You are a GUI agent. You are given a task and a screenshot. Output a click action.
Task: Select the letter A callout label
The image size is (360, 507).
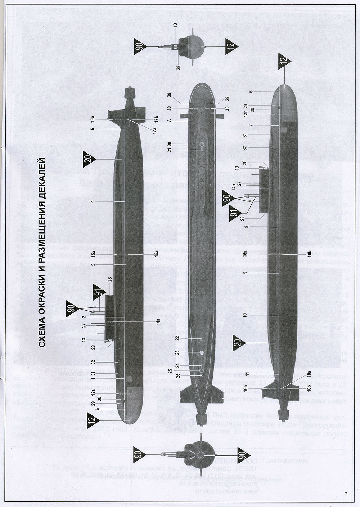pyautogui.click(x=169, y=121)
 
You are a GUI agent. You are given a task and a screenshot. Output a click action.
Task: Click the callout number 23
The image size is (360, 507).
pyautogui.click(x=177, y=352)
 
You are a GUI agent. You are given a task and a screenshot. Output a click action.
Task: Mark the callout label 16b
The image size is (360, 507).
pyautogui.click(x=309, y=254)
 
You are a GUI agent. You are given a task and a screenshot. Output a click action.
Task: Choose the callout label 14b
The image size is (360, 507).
pyautogui.click(x=234, y=187)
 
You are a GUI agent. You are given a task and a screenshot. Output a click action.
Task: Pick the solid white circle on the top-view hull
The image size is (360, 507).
pyautogui.click(x=202, y=352)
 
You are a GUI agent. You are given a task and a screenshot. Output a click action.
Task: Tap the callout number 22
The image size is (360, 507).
pyautogui.click(x=177, y=338)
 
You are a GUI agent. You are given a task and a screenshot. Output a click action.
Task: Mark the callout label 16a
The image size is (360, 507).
pyautogui.click(x=245, y=254)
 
